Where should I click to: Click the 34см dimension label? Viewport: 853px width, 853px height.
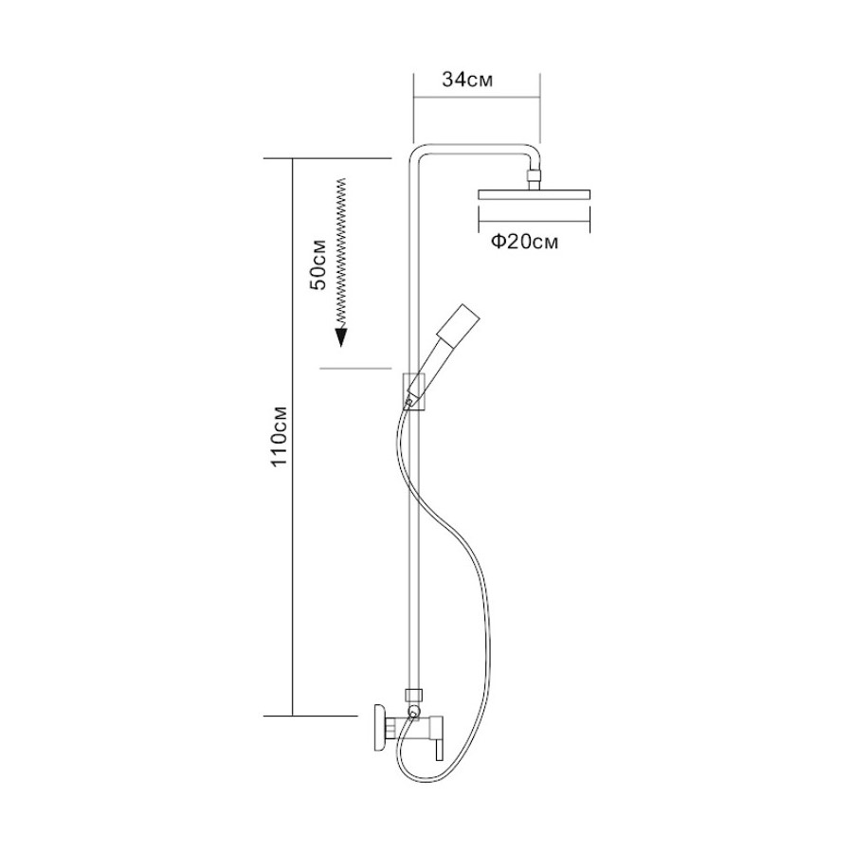click(468, 82)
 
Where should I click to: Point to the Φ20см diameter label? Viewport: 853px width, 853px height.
click(524, 244)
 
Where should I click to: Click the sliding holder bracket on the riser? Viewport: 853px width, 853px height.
click(414, 390)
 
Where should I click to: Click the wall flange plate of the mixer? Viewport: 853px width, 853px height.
click(379, 731)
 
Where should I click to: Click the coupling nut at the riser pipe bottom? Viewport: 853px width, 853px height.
click(411, 694)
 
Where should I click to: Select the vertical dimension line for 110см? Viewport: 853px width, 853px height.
click(294, 435)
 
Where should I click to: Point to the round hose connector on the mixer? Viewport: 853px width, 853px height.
click(412, 711)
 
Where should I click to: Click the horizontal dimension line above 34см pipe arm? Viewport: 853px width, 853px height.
click(476, 96)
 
